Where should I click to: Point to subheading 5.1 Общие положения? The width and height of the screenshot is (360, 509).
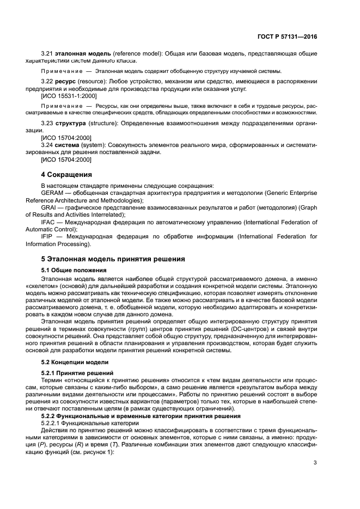tap(74, 270)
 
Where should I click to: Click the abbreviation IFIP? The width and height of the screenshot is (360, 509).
tap(49, 237)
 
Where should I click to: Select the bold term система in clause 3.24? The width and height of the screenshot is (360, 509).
tap(69, 145)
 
